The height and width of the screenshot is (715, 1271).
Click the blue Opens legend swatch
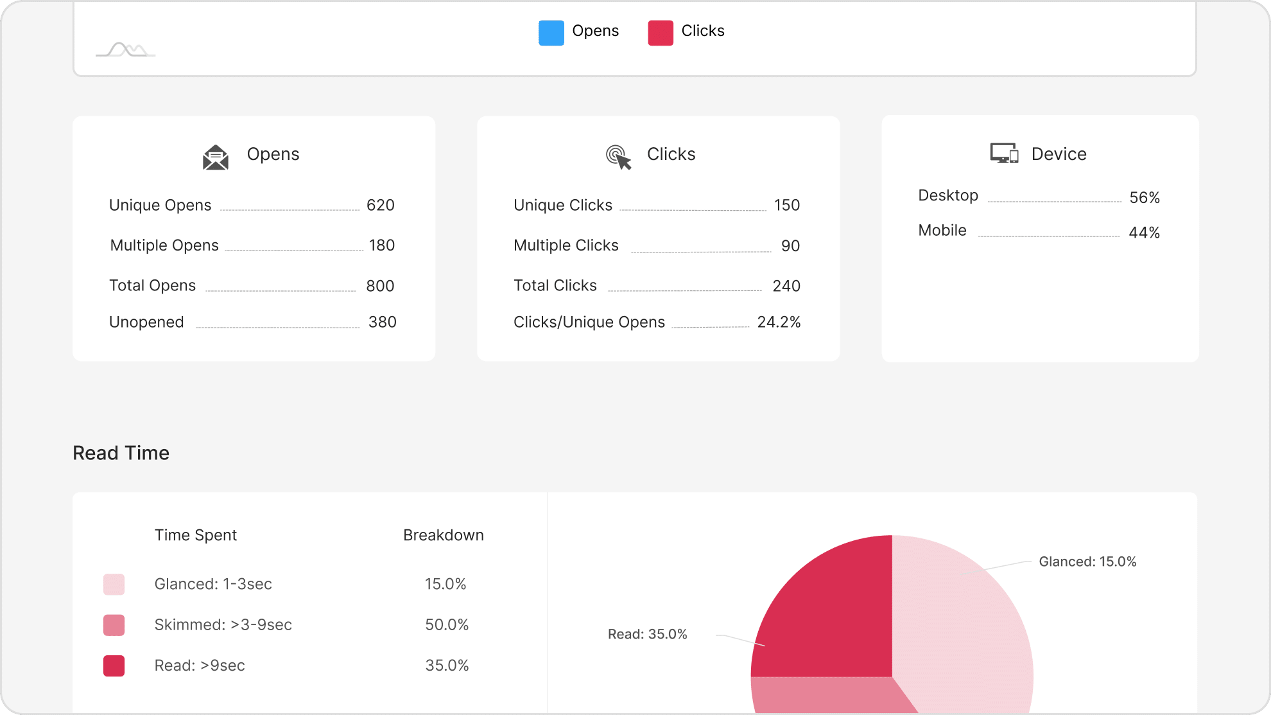pos(551,33)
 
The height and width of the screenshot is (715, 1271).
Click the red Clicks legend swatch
pos(660,33)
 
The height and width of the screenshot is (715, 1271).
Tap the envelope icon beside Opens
pos(216,157)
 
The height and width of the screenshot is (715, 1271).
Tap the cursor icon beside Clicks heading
pos(619,157)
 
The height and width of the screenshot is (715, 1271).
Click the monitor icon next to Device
pos(1004,154)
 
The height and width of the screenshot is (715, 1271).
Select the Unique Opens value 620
pos(380,206)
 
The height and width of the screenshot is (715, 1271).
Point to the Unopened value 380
pos(382,322)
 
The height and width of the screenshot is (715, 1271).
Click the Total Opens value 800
pos(380,286)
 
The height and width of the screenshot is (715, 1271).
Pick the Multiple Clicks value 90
pos(790,246)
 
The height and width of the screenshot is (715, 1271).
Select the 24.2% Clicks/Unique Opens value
pos(779,322)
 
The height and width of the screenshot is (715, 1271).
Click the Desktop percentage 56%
pos(1144,198)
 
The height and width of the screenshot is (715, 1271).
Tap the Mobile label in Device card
pos(942,231)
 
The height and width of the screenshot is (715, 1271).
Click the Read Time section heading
pos(121,454)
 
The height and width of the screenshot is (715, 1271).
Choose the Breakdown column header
pos(443,536)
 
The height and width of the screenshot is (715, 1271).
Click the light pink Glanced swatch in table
pos(114,585)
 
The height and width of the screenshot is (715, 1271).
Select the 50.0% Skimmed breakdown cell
pos(447,625)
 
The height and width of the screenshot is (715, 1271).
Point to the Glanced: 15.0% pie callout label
pos(1087,562)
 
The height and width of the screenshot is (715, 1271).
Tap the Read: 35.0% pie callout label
pos(647,635)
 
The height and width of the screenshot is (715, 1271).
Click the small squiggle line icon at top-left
pos(126,50)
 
